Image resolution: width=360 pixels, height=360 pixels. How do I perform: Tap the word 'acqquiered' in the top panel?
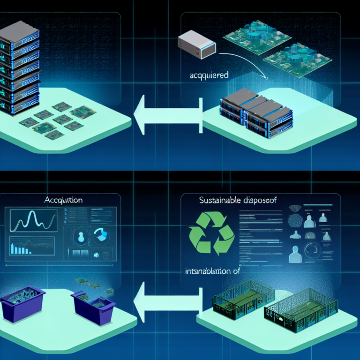[x=209, y=74]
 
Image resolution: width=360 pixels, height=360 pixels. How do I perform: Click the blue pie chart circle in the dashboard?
[x=101, y=234]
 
